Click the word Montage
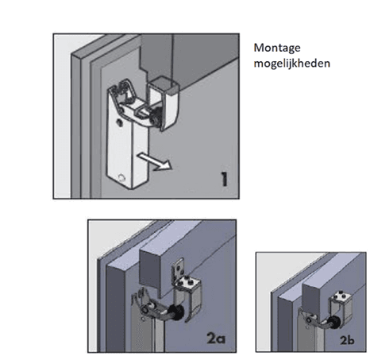(274, 48)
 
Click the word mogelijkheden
(291, 64)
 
